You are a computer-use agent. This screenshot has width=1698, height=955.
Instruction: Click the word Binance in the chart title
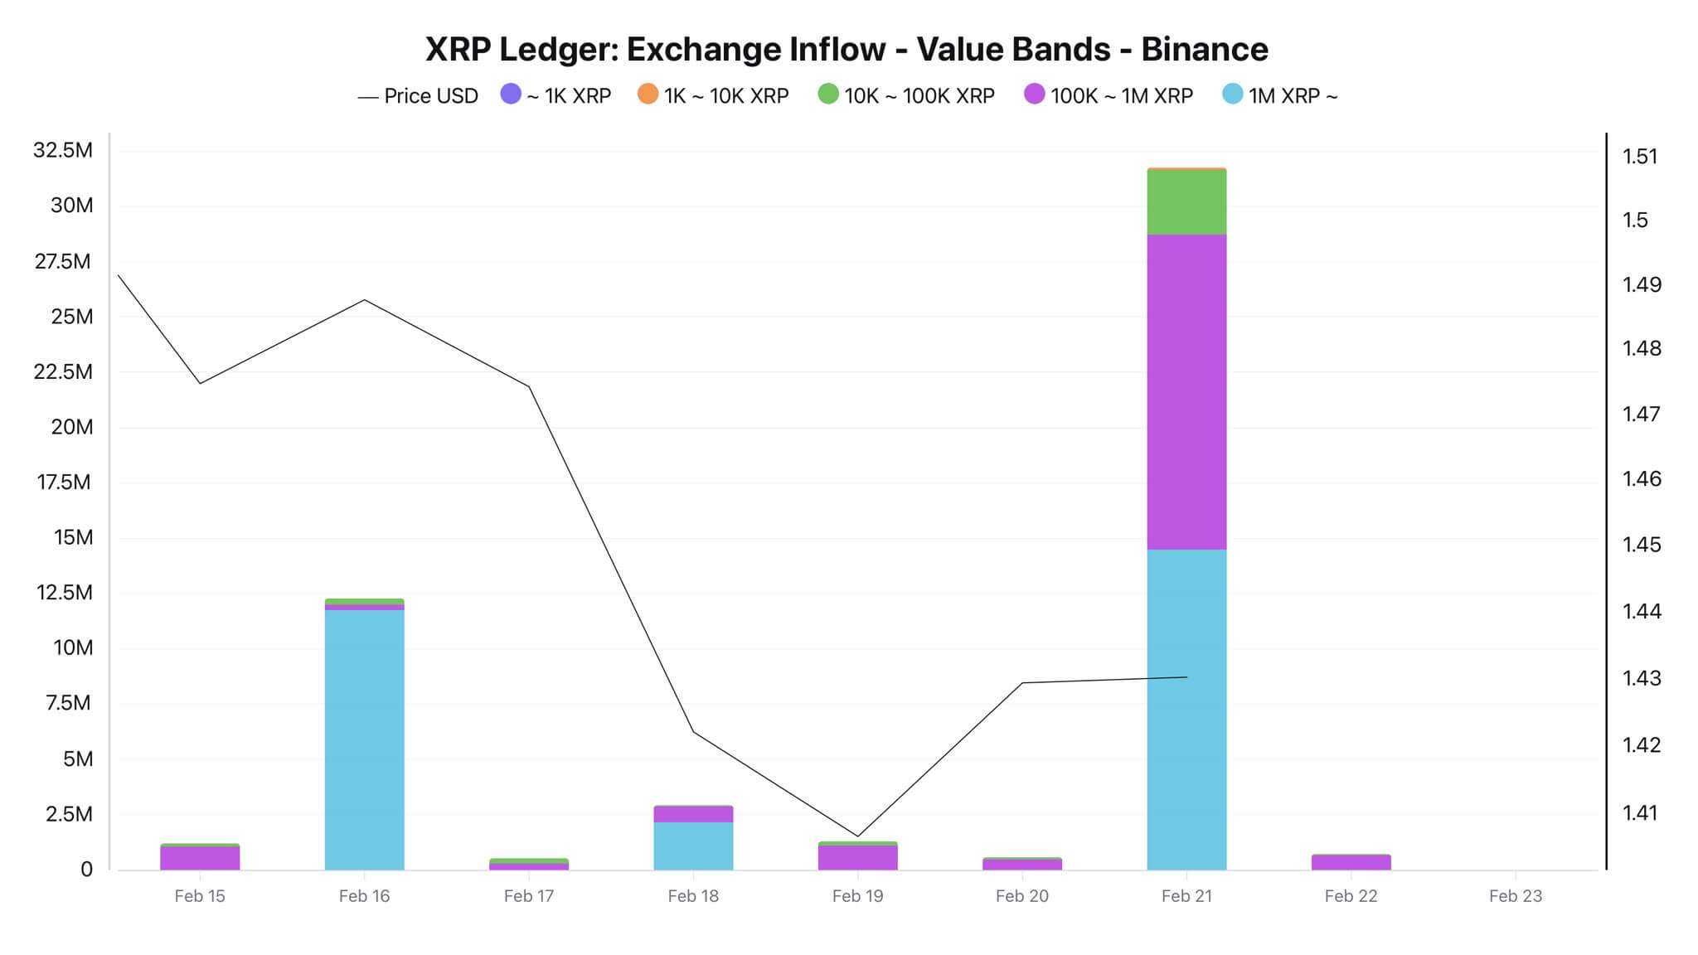point(1204,50)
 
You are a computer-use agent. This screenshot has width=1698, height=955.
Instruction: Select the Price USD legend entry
point(419,96)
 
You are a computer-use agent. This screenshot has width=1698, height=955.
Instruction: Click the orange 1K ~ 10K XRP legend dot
point(648,95)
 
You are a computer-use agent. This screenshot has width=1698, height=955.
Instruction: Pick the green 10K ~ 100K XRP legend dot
point(828,95)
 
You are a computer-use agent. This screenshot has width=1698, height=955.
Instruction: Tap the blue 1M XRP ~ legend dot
point(1233,95)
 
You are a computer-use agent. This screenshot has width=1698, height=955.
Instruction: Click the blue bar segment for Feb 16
point(364,738)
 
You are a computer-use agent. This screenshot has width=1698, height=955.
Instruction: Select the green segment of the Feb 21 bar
point(1186,201)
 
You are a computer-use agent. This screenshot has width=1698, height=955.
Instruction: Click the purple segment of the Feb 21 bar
point(1186,391)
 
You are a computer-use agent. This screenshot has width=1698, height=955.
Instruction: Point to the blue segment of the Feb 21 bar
point(1186,709)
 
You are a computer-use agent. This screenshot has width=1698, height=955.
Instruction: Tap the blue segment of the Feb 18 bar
point(693,846)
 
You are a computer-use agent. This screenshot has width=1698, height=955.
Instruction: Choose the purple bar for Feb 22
point(1351,862)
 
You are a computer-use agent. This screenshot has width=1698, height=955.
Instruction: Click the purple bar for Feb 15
point(200,858)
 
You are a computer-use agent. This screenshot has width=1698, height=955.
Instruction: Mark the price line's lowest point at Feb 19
point(858,836)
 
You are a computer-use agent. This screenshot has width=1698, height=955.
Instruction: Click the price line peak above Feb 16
point(365,299)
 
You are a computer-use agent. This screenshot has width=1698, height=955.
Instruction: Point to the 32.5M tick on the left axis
point(63,150)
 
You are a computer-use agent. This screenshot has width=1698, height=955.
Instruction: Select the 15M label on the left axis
point(73,537)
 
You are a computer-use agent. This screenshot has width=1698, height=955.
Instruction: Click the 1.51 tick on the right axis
point(1640,156)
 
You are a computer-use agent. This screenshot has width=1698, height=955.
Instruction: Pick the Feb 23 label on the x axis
point(1515,896)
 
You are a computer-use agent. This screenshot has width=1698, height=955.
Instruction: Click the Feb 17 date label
point(529,896)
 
